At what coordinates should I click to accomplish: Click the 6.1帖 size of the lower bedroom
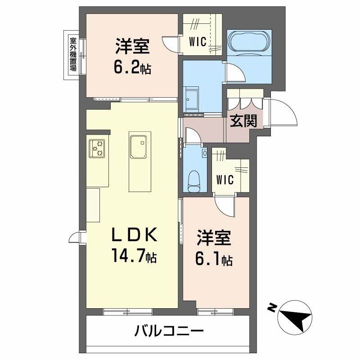pos(213,260)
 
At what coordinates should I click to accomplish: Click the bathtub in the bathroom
pos(249,43)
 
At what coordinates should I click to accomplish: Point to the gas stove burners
pos(97,148)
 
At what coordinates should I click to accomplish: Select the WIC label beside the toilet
pos(225,180)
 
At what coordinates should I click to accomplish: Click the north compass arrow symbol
pos(295,317)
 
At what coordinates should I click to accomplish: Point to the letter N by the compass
pos(272,308)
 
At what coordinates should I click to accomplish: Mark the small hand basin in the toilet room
pos(205,153)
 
